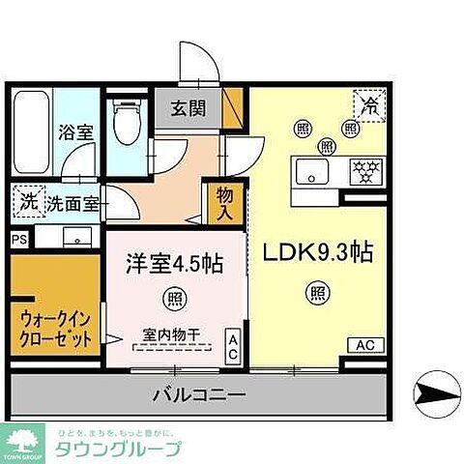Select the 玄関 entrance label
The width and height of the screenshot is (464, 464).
click(x=189, y=109)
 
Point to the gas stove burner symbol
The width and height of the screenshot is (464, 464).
click(x=365, y=173)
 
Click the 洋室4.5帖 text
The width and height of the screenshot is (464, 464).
click(x=174, y=264)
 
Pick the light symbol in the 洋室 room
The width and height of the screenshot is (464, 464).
click(x=175, y=296)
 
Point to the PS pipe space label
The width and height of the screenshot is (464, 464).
click(x=19, y=237)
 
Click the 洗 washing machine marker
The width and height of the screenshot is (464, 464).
click(x=26, y=203)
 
